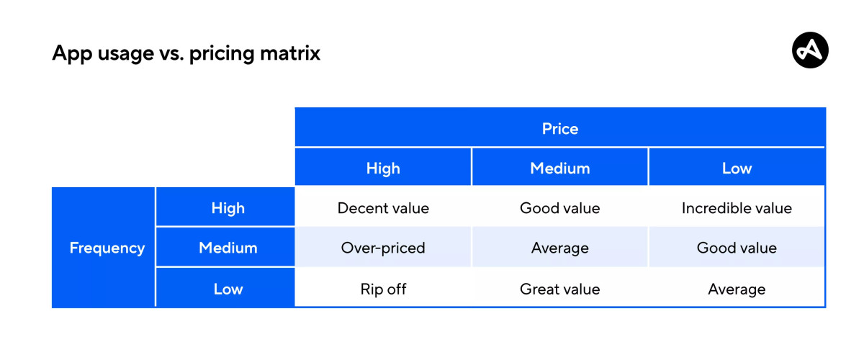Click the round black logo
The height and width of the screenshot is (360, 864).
tap(810, 50)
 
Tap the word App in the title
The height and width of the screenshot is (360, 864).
tap(72, 54)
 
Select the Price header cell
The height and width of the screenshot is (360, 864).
tap(560, 127)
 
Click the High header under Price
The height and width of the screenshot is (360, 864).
tap(383, 168)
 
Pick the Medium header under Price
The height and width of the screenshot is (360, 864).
tap(560, 168)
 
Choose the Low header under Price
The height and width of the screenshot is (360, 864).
tap(737, 168)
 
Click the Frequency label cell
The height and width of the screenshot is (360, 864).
tap(104, 248)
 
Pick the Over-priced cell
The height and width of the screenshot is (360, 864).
tap(383, 248)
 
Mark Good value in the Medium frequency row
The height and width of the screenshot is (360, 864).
tap(737, 248)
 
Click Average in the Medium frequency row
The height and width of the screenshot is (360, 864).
tap(560, 248)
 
